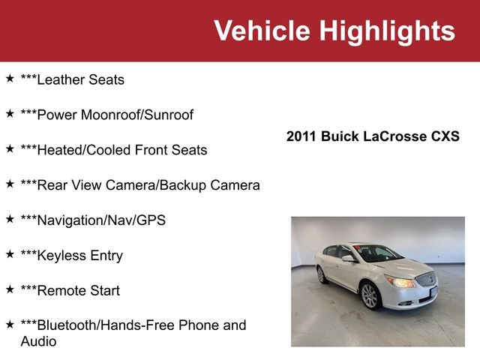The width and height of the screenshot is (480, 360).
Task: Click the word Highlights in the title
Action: [387, 31]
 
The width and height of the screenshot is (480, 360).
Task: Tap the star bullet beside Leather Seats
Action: [10, 78]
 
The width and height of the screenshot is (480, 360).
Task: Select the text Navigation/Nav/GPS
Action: [93, 220]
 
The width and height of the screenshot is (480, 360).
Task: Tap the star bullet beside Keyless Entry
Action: [10, 254]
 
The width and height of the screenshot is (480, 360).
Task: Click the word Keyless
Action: [60, 256]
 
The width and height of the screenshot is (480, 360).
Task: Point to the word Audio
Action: [38, 341]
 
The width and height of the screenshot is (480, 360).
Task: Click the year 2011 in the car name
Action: [301, 136]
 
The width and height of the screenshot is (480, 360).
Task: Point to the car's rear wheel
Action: [321, 274]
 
